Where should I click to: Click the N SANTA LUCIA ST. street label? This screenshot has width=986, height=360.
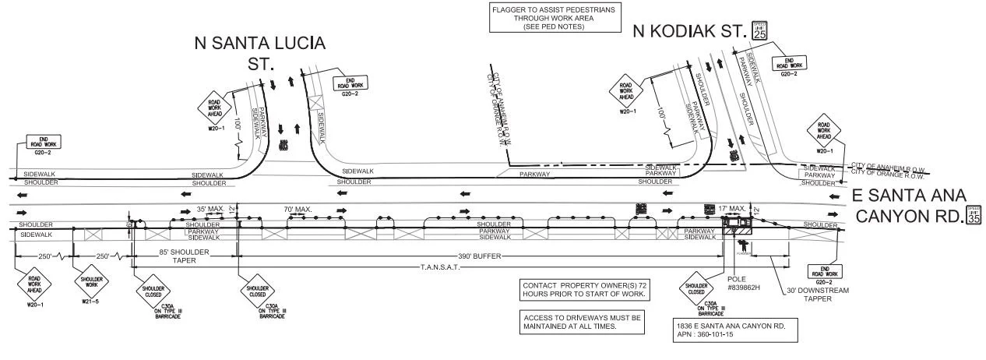point(259,52)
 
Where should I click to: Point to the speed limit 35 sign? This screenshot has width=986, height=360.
point(974,215)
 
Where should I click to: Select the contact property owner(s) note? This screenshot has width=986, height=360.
point(582,291)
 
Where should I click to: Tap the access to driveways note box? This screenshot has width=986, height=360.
point(582,322)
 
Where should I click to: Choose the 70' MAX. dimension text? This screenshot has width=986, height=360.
point(297,209)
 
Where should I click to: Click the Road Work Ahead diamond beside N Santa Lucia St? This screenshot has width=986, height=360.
point(215,108)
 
